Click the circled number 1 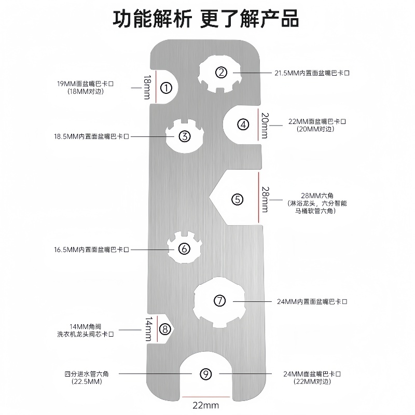[166, 88]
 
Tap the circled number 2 [221, 73]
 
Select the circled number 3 [185, 136]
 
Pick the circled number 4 [243, 125]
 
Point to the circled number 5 [237, 199]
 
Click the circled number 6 [185, 248]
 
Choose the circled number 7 [220, 300]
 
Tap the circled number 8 [164, 328]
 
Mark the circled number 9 [206, 374]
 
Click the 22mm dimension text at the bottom [206, 405]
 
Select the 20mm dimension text [265, 125]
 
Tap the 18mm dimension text [147, 87]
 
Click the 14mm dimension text [149, 328]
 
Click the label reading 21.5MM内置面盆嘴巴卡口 [312, 73]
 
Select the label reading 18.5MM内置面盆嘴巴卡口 [91, 136]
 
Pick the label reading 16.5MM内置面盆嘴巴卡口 [91, 250]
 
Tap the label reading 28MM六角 [320, 196]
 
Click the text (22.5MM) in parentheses [87, 382]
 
